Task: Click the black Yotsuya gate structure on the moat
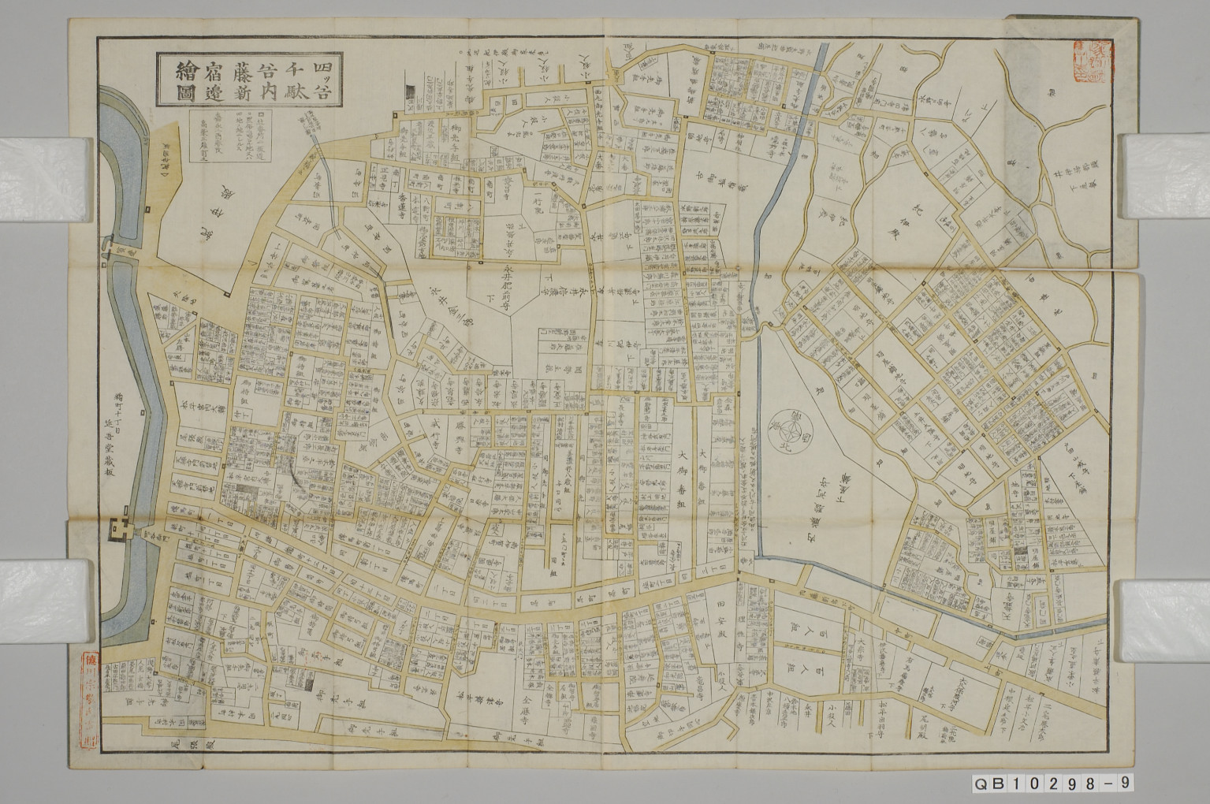[122, 527]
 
